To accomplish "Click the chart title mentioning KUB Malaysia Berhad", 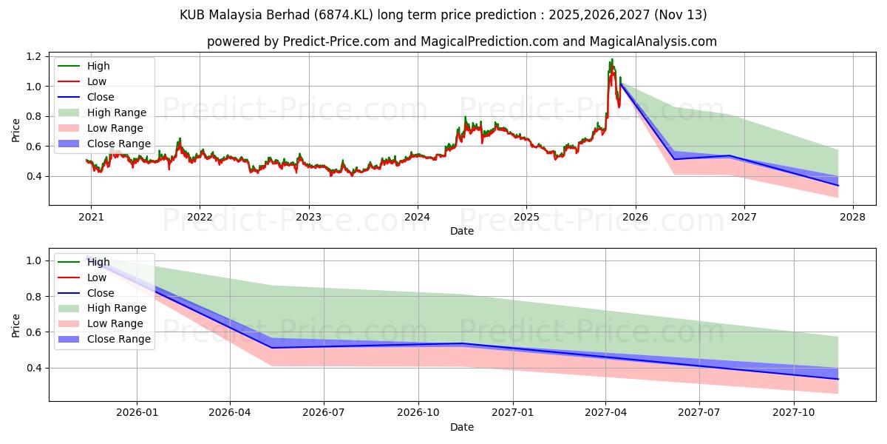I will [x=443, y=15].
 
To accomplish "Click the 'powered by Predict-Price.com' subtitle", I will [x=461, y=41].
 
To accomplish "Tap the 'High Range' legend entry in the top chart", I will [x=116, y=112].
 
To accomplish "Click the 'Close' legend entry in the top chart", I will [x=101, y=97].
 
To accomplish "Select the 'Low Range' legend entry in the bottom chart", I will [x=115, y=323].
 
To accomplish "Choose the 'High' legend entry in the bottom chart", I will [x=98, y=262].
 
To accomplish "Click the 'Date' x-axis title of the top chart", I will [x=461, y=231].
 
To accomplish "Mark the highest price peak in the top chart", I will [x=611, y=59].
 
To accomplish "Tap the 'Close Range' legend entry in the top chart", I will [x=118, y=144].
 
